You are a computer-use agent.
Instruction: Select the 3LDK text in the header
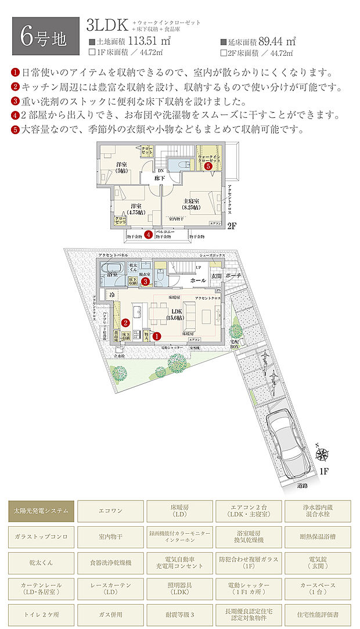pyautogui.click(x=108, y=25)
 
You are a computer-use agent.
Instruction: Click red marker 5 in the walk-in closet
pyautogui.click(x=208, y=166)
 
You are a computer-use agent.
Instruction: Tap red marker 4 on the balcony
pyautogui.click(x=149, y=235)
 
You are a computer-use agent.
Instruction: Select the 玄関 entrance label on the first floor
pyautogui.click(x=216, y=276)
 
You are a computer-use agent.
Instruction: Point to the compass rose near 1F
pyautogui.click(x=323, y=454)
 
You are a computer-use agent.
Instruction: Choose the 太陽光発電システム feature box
pyautogui.click(x=41, y=511)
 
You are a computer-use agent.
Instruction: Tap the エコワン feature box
pyautogui.click(x=110, y=511)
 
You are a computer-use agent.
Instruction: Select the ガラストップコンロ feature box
pyautogui.click(x=41, y=537)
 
